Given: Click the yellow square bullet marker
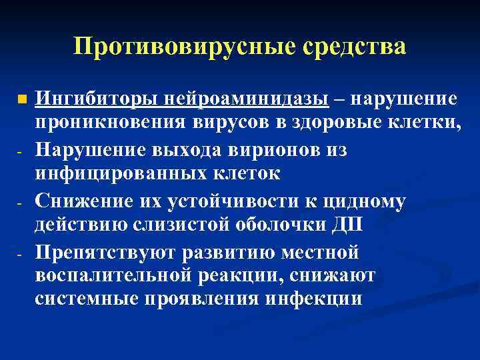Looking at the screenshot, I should [22, 100].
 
